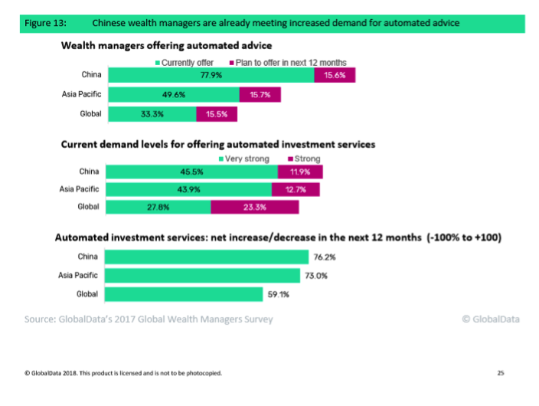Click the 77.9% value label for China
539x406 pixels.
click(206, 75)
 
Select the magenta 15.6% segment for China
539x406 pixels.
click(335, 75)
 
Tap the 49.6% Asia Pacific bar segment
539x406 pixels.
click(173, 94)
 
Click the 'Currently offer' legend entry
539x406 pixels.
click(188, 62)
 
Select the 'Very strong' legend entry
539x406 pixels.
click(246, 159)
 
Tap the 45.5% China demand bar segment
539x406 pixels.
click(191, 172)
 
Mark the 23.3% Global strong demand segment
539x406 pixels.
click(255, 207)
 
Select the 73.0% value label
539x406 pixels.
click(314, 275)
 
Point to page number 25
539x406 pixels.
click(501, 373)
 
